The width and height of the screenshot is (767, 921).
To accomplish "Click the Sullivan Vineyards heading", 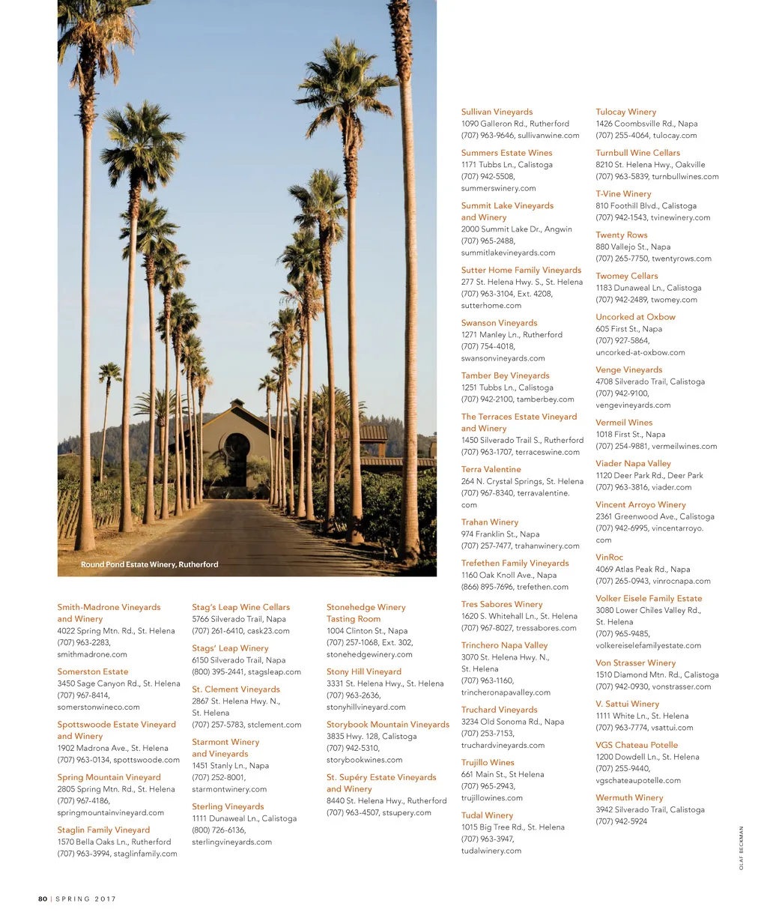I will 497,112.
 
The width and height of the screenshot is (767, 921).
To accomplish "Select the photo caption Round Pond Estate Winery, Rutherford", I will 149,564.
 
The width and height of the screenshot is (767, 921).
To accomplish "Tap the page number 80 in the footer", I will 43,899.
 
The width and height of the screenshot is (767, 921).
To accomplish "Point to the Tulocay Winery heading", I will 625,112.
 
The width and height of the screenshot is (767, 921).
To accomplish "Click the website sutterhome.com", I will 491,306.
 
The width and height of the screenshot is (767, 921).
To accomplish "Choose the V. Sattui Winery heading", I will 627,704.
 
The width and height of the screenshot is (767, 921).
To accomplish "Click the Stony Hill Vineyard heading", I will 363,671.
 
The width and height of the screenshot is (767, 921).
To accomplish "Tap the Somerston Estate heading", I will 93,671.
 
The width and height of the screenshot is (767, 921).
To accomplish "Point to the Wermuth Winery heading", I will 629,797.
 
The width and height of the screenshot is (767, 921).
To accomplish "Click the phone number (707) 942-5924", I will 621,821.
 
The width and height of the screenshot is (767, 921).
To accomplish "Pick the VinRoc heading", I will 609,557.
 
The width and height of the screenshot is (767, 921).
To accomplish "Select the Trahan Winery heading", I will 489,522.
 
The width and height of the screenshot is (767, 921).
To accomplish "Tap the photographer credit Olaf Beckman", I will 741,848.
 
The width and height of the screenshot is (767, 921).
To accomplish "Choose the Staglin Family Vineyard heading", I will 103,830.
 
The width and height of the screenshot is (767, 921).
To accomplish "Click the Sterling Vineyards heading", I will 228,806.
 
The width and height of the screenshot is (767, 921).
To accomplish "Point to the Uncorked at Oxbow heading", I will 635,317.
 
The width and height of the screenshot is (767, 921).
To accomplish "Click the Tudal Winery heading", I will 487,815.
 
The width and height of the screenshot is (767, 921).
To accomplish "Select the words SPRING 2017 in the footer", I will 85,899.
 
